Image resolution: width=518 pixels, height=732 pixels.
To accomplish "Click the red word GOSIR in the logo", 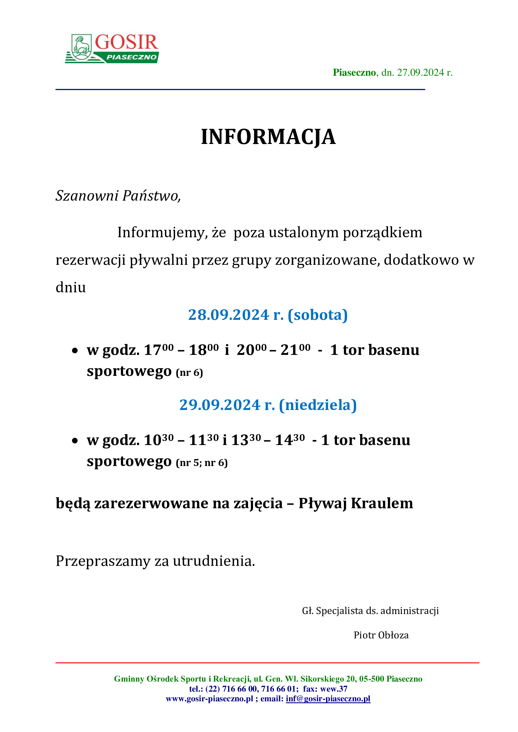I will (x=126, y=42).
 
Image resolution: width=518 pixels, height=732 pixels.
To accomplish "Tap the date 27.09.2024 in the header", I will (x=420, y=73).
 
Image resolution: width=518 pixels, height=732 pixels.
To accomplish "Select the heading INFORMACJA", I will (x=268, y=137).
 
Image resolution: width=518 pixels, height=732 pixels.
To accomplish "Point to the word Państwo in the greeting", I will (x=151, y=195).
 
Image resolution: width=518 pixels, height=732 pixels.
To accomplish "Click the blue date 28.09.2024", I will (x=228, y=315).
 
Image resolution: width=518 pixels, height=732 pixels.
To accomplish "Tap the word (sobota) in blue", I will (x=317, y=315).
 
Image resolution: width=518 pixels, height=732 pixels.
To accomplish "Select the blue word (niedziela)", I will (x=318, y=405).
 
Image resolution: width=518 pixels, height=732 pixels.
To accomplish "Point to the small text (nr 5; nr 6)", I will (x=202, y=463).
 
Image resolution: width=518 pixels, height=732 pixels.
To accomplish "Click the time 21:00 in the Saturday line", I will (x=295, y=350).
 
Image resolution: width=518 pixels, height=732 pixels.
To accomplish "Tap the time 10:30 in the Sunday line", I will (x=158, y=440).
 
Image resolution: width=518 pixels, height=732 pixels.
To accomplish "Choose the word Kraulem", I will (x=382, y=504).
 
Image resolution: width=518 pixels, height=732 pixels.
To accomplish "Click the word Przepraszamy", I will (x=103, y=561).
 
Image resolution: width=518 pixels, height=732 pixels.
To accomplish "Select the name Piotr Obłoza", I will (x=381, y=635).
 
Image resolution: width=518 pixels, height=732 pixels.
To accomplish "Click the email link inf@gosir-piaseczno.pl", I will (x=328, y=699).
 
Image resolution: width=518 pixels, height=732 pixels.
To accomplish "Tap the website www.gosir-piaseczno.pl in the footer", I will (x=209, y=699).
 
